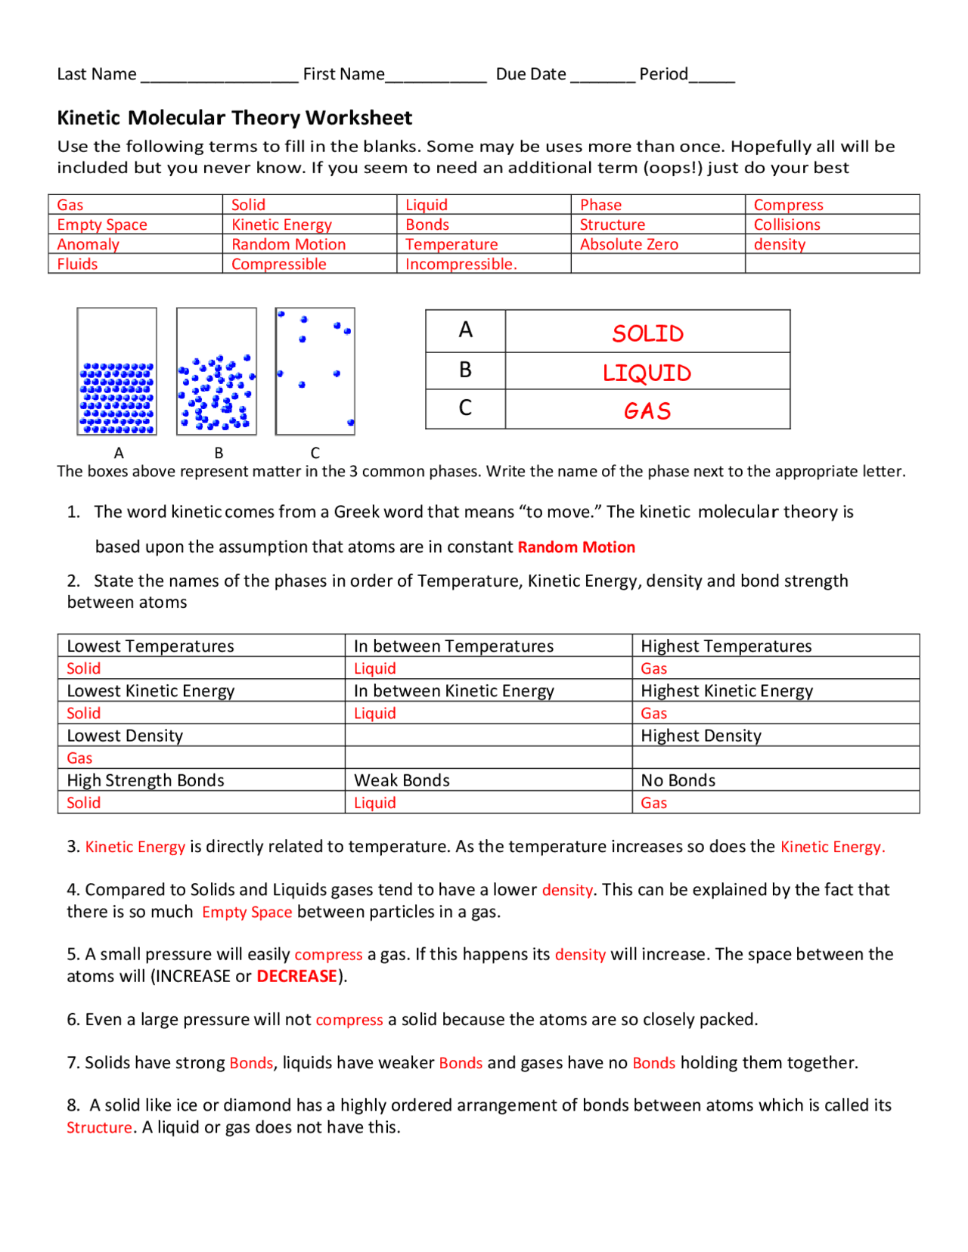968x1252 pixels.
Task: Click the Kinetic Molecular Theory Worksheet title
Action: (234, 118)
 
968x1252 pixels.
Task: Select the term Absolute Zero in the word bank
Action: (628, 244)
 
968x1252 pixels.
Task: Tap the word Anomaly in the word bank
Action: (88, 244)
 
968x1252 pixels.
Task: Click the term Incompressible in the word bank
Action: (461, 264)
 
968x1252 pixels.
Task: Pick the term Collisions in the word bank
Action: (786, 225)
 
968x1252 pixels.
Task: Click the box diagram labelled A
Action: (117, 371)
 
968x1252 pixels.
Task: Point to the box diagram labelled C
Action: (315, 371)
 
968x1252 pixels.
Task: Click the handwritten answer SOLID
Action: (647, 333)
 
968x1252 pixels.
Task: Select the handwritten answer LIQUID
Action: (647, 373)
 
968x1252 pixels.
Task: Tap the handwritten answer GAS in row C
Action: (647, 411)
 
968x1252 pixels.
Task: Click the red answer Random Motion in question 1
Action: (576, 547)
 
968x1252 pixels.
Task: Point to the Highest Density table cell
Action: (700, 736)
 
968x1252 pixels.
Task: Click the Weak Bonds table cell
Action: (402, 780)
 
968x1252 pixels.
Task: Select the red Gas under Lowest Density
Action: (79, 758)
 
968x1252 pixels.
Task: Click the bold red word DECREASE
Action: (296, 976)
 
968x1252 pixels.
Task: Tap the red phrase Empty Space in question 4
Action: (247, 912)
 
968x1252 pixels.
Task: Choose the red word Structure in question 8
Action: (99, 1127)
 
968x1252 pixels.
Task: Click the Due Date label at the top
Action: (531, 74)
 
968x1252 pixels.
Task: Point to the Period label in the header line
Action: (663, 74)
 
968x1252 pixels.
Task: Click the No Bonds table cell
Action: (678, 780)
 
